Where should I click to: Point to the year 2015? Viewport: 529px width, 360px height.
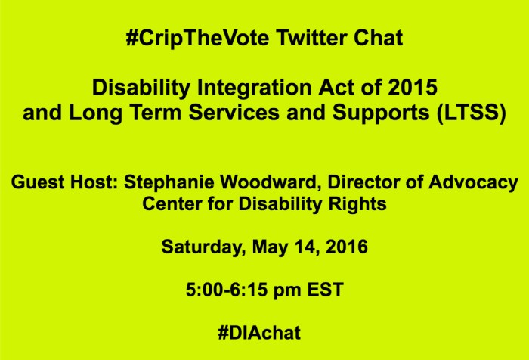click(x=415, y=88)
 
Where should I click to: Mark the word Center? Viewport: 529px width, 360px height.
click(x=172, y=204)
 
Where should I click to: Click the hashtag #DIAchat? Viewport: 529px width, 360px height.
click(x=264, y=331)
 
